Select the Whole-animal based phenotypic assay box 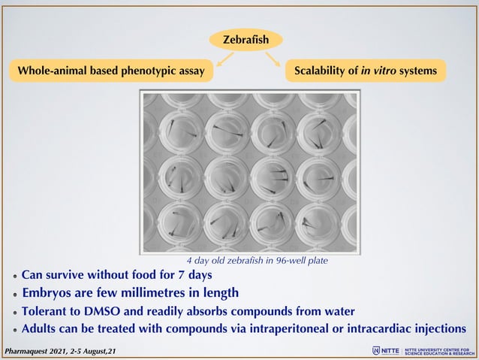tap(111, 71)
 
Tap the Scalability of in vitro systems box tap(366, 71)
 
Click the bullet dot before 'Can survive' tap(15, 276)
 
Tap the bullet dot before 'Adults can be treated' tap(15, 330)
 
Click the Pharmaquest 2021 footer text tap(61, 351)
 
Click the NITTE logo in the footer tap(386, 350)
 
